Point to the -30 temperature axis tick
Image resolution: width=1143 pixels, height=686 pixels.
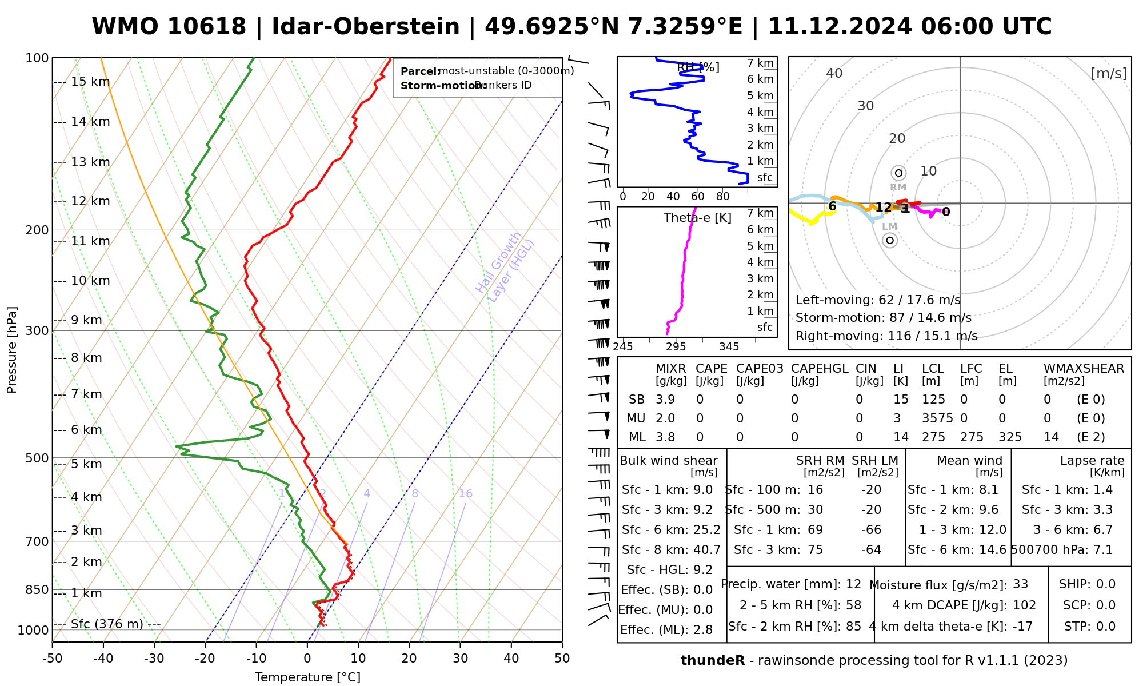pos(154,659)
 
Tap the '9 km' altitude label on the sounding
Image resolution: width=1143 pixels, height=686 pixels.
pos(86,320)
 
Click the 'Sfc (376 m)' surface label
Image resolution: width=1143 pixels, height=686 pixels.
pos(107,624)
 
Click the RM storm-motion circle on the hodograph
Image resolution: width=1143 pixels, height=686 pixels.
pos(898,173)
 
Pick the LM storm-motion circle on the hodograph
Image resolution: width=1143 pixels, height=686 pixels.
pos(890,240)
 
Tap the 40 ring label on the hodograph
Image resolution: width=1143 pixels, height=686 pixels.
pos(834,73)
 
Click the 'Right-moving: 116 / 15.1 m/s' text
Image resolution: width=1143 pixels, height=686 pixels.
pos(886,336)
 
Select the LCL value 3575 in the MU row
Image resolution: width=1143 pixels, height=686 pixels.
pos(937,418)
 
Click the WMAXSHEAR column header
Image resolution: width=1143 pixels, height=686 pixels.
pos(1084,369)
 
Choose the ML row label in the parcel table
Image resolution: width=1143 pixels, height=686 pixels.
pos(637,437)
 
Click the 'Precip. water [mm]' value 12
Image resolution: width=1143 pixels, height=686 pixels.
pos(853,584)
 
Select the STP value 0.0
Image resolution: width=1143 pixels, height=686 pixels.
pos(1106,627)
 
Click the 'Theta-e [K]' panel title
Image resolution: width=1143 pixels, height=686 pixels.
pos(697,218)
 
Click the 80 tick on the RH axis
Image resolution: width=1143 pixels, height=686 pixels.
pos(723,197)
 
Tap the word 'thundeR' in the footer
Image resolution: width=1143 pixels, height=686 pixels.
pos(713,661)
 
